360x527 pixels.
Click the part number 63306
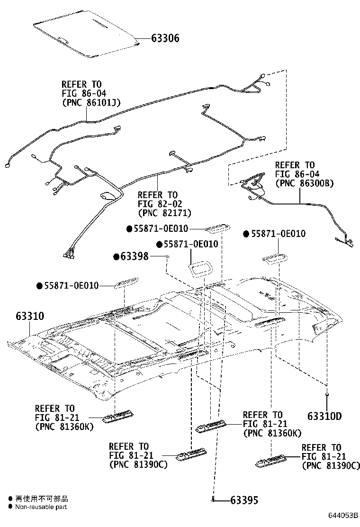(x=165, y=38)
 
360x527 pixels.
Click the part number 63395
(x=245, y=500)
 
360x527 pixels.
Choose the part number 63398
(x=135, y=257)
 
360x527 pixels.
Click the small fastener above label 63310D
(x=327, y=394)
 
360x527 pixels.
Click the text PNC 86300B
(x=305, y=183)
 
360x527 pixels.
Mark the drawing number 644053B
(x=341, y=515)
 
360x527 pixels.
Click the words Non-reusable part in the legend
(x=41, y=507)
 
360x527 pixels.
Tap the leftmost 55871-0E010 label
(x=72, y=286)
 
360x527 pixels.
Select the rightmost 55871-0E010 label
(x=278, y=234)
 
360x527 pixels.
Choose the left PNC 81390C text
(x=138, y=464)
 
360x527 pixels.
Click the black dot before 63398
(x=116, y=257)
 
